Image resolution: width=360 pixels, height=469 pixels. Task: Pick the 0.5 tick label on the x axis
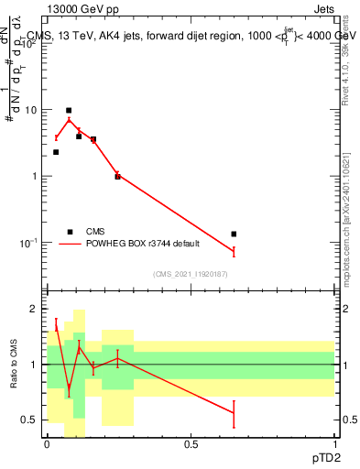point(191,443)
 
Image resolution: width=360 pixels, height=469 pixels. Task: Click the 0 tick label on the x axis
point(47,443)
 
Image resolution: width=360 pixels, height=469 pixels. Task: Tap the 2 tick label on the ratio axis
point(36,309)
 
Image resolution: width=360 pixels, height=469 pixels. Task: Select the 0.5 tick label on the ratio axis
point(30,420)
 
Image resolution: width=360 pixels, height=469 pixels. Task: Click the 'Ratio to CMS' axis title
point(14,365)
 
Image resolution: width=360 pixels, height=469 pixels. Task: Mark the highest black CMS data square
point(69,110)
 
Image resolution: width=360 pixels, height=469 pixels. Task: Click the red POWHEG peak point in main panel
point(69,120)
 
